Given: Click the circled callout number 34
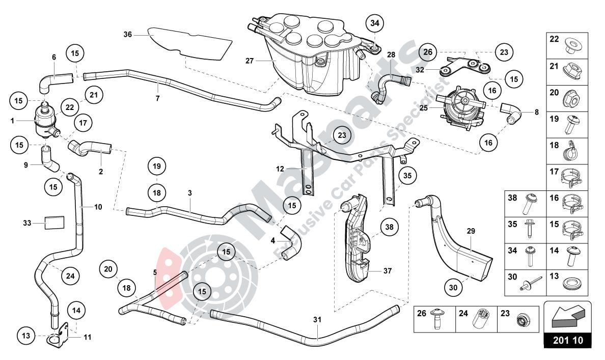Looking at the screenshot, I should [x=375, y=23].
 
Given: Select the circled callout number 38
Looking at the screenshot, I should [x=390, y=227].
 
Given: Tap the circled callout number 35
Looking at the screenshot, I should [x=406, y=176].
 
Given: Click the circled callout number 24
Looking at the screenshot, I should [x=70, y=276].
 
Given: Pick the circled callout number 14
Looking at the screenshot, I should [x=76, y=310].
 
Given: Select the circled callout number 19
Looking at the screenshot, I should [x=157, y=166].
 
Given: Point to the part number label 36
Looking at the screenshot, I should [x=127, y=35].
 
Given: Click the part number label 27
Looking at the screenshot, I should [x=250, y=61].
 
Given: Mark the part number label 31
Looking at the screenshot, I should [x=318, y=320].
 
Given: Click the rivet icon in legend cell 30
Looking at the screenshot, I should [x=526, y=285].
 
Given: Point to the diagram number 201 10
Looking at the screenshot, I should [x=567, y=340].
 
